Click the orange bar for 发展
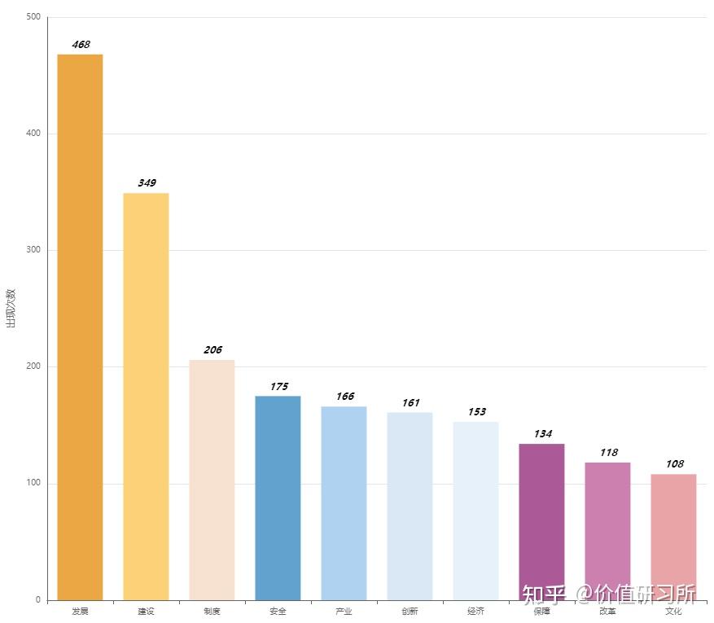coord(80,327)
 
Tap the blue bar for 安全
coord(278,498)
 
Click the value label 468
coord(81,45)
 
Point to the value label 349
coord(147,183)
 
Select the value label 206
coord(212,350)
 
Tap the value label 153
coord(476,412)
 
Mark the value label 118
coord(608,453)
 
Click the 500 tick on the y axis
coord(33,17)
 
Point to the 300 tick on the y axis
coord(33,250)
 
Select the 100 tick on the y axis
coord(33,484)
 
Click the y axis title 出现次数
coord(11,308)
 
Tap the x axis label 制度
coord(212,612)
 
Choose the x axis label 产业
coord(344,612)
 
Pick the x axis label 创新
coord(410,612)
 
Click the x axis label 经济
coord(475,612)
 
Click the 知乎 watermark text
coord(543,594)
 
